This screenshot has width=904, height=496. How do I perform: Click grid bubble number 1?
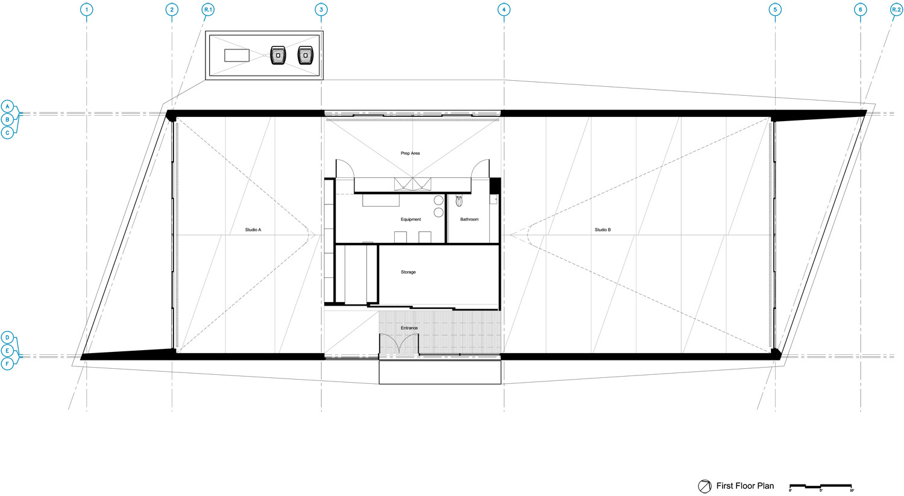click(87, 10)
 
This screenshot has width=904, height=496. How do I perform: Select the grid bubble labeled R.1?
click(209, 10)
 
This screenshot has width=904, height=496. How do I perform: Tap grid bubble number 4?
click(504, 10)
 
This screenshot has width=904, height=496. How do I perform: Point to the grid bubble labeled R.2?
click(896, 10)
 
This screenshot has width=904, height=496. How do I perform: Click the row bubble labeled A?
click(7, 106)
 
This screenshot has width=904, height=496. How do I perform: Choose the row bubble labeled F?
click(7, 364)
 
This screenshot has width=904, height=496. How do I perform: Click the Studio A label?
click(253, 230)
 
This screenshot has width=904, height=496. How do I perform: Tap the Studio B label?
click(603, 230)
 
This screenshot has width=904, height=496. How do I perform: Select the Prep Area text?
click(410, 153)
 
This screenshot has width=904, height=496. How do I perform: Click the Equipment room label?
click(410, 219)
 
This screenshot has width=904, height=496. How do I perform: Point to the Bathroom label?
click(469, 219)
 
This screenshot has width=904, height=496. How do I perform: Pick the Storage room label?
click(408, 272)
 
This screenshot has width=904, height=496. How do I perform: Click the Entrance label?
click(409, 328)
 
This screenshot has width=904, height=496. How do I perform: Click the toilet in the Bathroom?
click(459, 201)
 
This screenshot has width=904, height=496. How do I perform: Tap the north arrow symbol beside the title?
click(705, 486)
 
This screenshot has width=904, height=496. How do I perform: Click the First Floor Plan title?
click(745, 486)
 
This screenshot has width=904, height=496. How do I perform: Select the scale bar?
click(820, 486)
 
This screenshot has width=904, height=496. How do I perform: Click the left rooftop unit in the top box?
click(278, 55)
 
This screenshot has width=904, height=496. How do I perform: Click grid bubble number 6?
click(860, 10)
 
